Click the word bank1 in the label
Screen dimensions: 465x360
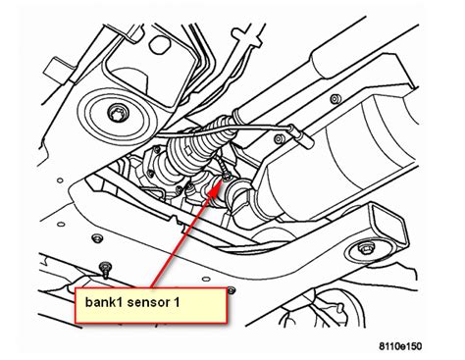104,302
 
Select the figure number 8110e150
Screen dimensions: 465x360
400,346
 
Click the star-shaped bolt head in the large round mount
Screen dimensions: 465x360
118,113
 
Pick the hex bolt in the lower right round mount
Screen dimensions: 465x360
366,248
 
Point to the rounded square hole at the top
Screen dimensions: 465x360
161,44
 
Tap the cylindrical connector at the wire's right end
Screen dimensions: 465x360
301,136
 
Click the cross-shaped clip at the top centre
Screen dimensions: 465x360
247,35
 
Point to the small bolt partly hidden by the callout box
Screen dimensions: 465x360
232,289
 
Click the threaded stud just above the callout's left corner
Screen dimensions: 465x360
105,270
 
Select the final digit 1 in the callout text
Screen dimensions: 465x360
177,302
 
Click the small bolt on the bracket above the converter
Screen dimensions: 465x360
335,99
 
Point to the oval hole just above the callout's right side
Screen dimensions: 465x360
206,279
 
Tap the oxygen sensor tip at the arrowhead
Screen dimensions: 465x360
227,177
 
